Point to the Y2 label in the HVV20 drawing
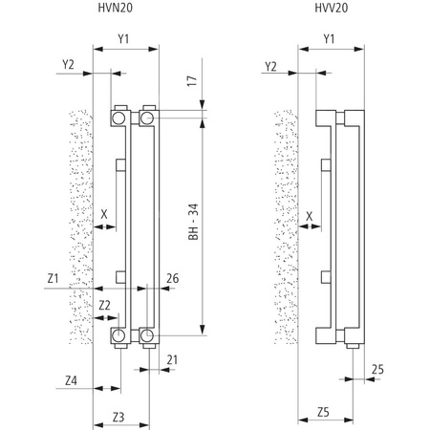(x=270, y=65)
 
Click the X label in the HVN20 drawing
(x=104, y=215)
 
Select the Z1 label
(x=53, y=278)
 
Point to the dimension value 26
(x=173, y=278)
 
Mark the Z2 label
(x=105, y=305)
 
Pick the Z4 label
(x=72, y=381)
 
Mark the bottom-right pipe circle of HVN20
(x=149, y=334)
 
